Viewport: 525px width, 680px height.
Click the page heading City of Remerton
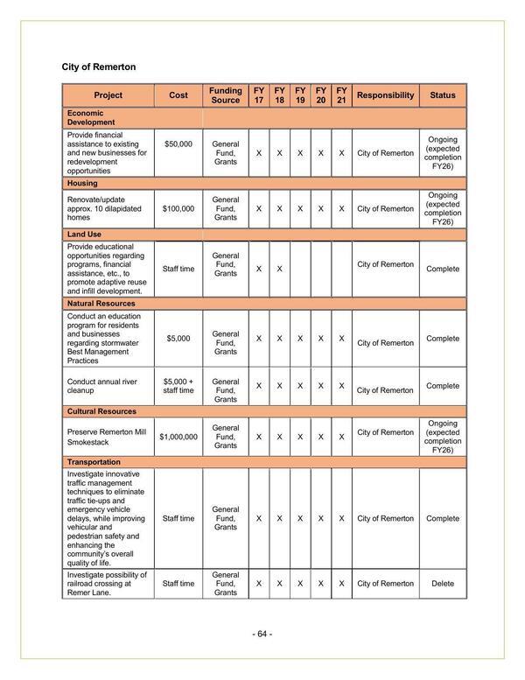click(99, 67)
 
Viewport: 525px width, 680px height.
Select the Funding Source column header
click(225, 95)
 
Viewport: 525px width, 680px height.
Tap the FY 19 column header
click(300, 95)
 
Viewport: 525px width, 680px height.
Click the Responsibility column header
click(386, 95)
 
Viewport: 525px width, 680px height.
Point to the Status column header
click(443, 95)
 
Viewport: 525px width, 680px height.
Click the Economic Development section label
click(86, 118)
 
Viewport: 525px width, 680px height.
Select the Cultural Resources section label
click(101, 410)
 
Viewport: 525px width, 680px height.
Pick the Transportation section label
click(94, 461)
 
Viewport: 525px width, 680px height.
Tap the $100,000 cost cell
click(178, 209)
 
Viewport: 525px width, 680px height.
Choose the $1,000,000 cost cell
click(178, 436)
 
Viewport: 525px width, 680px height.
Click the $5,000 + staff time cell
click(178, 386)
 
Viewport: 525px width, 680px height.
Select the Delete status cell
click(443, 584)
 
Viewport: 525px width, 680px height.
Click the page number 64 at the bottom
click(262, 634)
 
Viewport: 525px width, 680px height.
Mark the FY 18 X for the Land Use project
click(279, 269)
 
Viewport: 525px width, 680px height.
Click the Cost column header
click(178, 95)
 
